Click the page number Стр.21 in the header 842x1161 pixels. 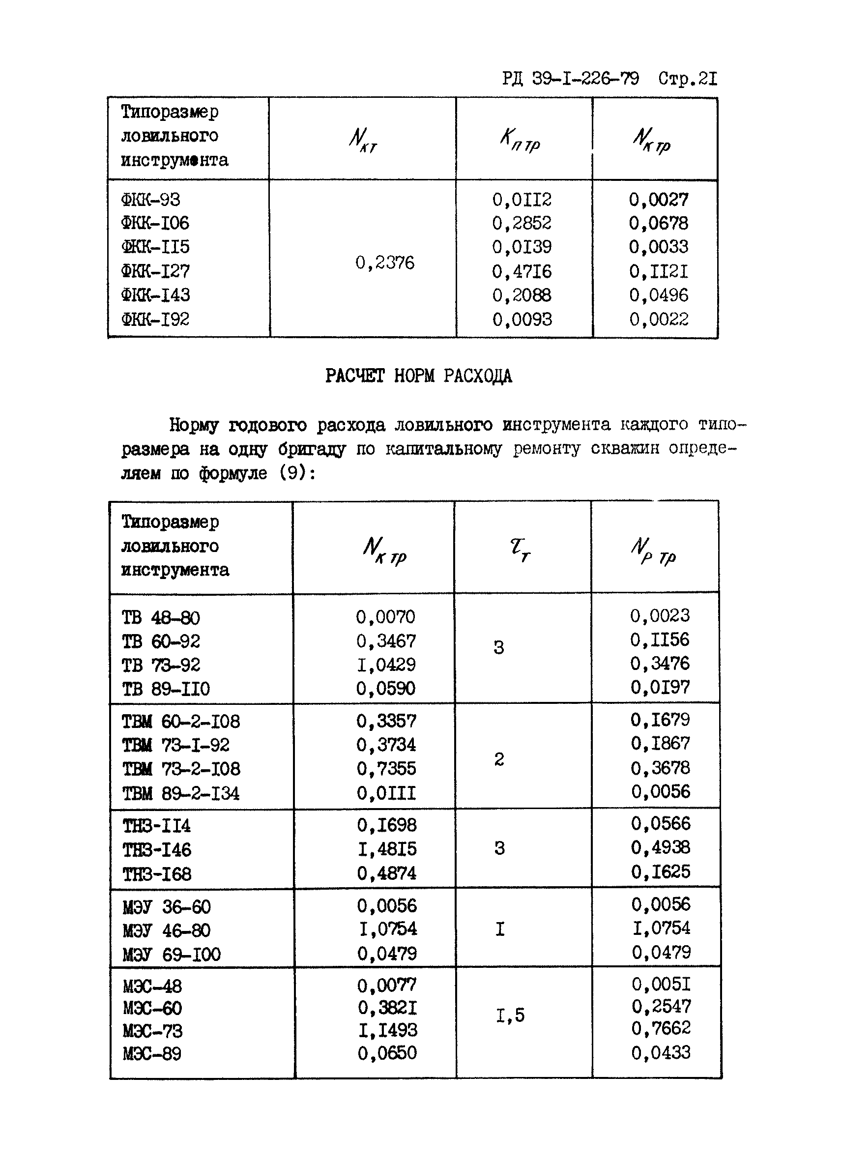click(x=688, y=79)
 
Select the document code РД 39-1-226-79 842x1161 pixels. click(x=570, y=79)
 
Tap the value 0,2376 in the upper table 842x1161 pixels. click(x=384, y=263)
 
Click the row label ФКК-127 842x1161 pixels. click(x=155, y=271)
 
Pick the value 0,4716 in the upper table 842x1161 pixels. click(x=522, y=271)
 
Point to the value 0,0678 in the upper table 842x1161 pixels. click(x=658, y=223)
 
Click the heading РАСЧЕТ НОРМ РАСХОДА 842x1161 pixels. click(x=418, y=376)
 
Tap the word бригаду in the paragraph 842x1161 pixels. click(x=312, y=449)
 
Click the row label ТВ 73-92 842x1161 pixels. click(x=161, y=665)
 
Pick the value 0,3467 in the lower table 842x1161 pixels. click(x=386, y=641)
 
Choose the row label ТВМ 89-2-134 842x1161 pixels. click(x=181, y=793)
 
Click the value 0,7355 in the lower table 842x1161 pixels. click(x=386, y=769)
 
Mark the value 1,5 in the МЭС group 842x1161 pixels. click(x=510, y=1016)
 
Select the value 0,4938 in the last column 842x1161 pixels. click(x=660, y=848)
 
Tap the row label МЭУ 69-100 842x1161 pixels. click(x=172, y=955)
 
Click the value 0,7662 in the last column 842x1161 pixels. click(x=661, y=1028)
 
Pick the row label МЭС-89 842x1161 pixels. click(x=152, y=1054)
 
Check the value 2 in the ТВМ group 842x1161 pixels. click(x=499, y=759)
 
